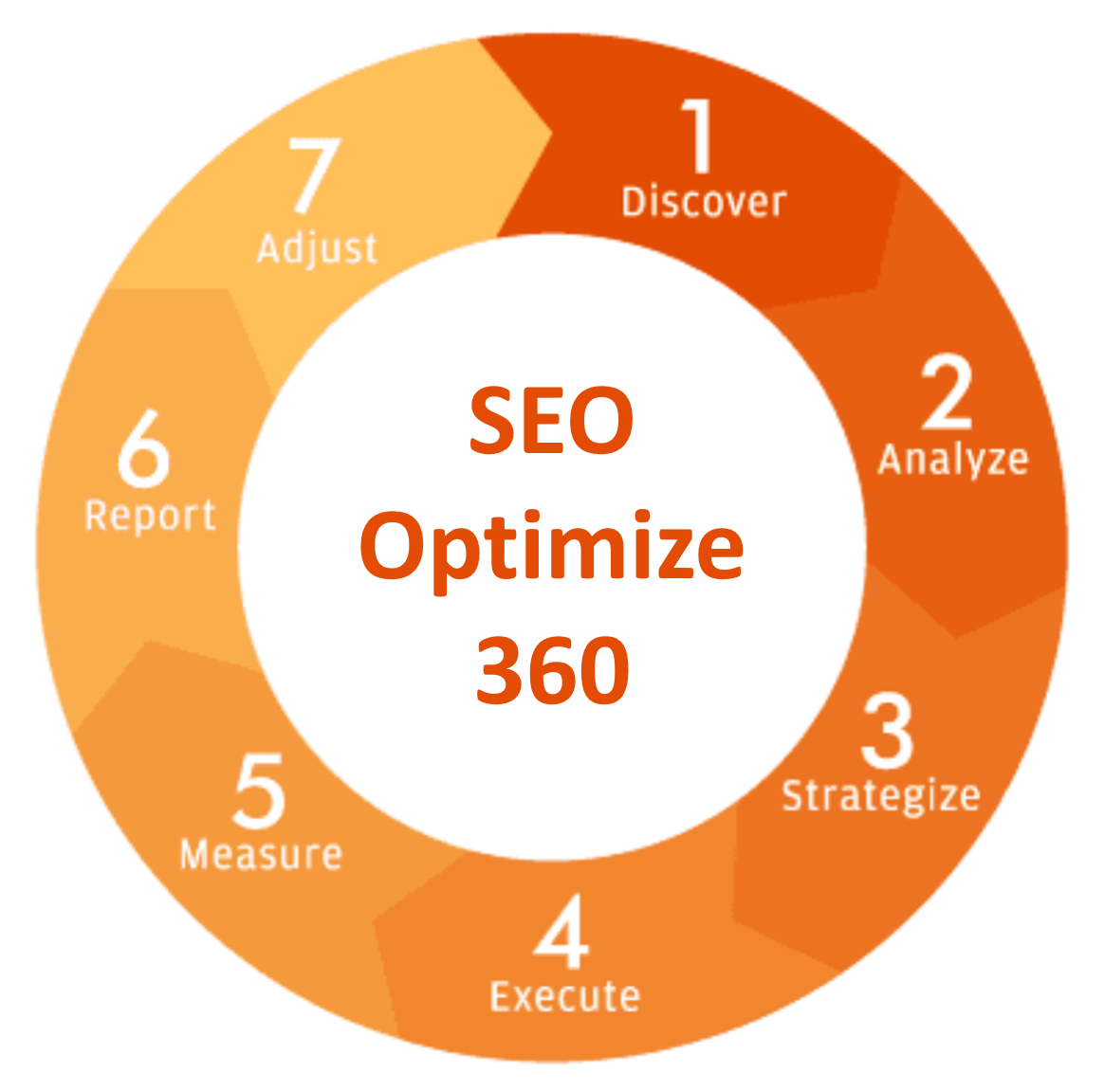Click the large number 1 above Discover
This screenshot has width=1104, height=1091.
tap(698, 136)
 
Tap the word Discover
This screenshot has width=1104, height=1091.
tap(704, 202)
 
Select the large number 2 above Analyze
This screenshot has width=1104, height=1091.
tap(947, 391)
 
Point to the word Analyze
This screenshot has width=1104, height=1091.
tap(953, 461)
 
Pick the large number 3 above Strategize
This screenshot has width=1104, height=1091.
tap(887, 731)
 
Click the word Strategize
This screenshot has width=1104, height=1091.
tap(881, 797)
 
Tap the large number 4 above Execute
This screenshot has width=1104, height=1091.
tap(561, 932)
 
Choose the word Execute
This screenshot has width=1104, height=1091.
tap(565, 996)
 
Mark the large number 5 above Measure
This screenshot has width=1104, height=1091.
tap(259, 791)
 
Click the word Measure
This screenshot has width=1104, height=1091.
tap(261, 854)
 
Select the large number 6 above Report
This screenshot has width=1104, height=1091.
tap(143, 448)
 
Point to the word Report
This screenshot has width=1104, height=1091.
tap(150, 516)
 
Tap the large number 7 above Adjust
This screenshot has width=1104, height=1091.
tap(315, 174)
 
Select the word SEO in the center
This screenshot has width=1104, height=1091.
tap(551, 420)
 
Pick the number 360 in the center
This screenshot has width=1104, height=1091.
tap(553, 670)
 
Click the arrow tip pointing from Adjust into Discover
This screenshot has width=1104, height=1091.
tap(551, 133)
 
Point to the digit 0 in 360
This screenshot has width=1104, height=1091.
tap(603, 670)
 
